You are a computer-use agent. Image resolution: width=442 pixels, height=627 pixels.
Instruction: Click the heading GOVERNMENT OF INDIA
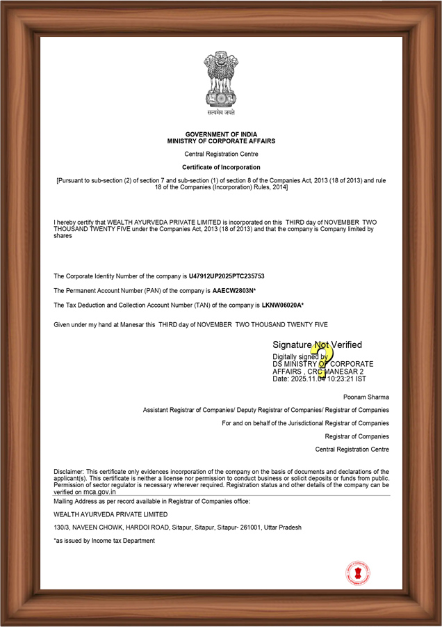click(221, 134)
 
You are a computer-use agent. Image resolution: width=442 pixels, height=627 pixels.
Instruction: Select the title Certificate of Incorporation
click(221, 167)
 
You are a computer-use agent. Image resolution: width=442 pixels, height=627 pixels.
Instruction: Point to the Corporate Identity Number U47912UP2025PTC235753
click(227, 276)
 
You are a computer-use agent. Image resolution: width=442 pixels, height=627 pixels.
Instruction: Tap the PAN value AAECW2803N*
click(234, 290)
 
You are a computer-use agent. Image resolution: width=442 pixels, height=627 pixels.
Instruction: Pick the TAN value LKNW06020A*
click(283, 305)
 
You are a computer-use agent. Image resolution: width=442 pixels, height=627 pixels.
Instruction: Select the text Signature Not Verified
click(317, 344)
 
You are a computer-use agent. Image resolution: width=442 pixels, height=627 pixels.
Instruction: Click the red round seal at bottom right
click(358, 572)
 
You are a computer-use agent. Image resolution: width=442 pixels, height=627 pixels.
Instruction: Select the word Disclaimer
click(68, 472)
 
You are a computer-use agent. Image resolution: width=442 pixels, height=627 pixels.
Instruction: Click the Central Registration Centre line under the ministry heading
click(221, 153)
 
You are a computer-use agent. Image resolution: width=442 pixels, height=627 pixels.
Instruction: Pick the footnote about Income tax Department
click(104, 541)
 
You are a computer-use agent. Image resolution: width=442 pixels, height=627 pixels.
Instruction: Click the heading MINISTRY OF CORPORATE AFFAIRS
click(221, 141)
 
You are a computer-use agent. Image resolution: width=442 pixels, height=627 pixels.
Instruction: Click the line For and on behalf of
click(305, 423)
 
